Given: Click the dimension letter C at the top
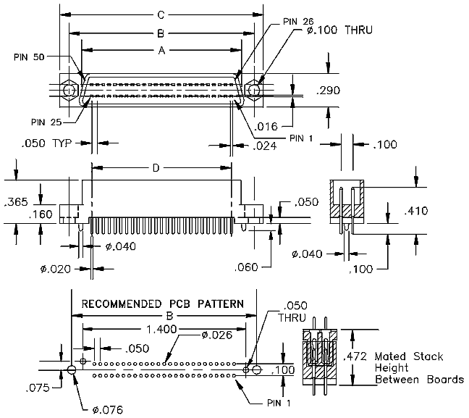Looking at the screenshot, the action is (x=161, y=15).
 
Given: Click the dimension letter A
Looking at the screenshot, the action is (x=161, y=51).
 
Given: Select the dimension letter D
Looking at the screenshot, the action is (x=156, y=168).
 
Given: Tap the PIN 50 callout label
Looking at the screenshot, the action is (x=29, y=57).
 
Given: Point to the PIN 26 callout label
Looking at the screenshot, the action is (x=298, y=22).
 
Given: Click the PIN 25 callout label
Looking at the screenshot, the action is (x=46, y=122).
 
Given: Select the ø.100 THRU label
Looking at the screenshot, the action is (x=339, y=30).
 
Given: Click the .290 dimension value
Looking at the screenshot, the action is (x=328, y=90).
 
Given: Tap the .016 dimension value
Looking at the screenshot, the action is (x=266, y=126).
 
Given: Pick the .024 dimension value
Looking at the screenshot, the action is (x=265, y=146).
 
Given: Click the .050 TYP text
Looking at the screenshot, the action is (x=46, y=143).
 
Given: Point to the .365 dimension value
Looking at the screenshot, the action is (x=17, y=202).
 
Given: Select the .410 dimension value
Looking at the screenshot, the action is (x=415, y=211).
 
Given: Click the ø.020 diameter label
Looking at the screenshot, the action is (x=56, y=269).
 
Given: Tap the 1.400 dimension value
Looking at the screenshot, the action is (x=161, y=330).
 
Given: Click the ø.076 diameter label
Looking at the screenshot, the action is (x=108, y=409).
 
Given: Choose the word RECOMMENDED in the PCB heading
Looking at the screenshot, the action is (x=122, y=304).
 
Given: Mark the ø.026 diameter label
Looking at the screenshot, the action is (x=217, y=335).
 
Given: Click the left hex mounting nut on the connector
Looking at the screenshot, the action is (x=69, y=90).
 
